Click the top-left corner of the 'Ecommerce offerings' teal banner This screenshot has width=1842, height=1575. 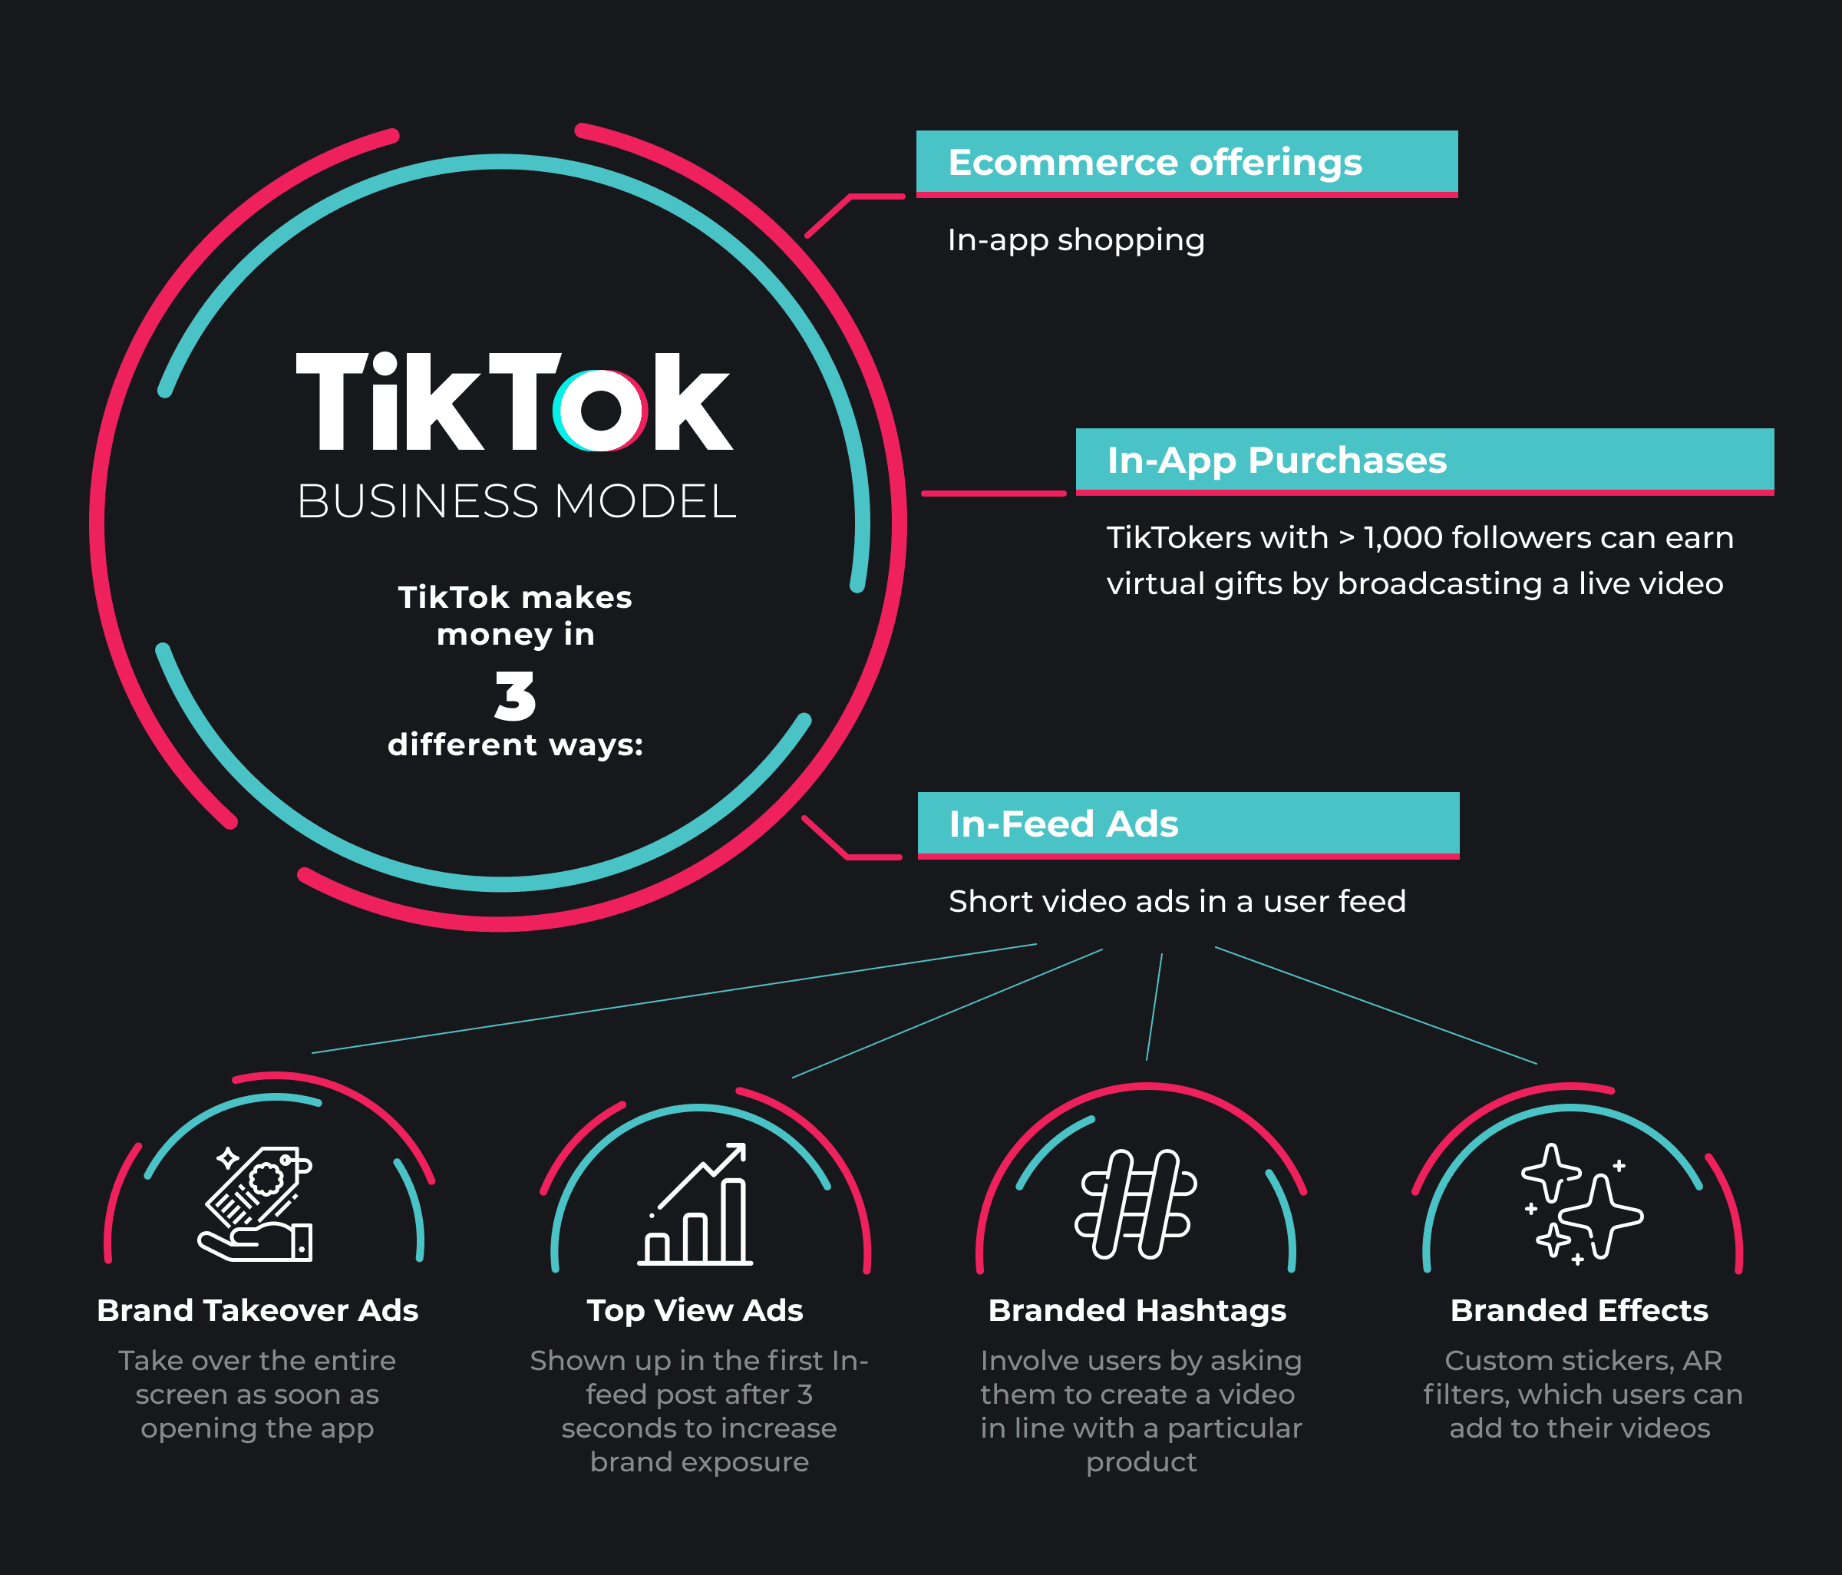pos(916,131)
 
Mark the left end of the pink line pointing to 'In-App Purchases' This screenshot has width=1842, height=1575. pos(923,494)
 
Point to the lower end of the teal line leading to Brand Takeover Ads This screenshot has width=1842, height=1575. pos(312,1053)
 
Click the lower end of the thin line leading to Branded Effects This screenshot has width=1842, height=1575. pos(1537,1064)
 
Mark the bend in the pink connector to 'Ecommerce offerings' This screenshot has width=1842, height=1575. pos(850,196)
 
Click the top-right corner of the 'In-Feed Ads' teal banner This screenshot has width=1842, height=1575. pos(1460,793)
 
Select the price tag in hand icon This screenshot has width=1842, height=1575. pos(255,1204)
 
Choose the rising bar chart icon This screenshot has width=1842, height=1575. pos(695,1204)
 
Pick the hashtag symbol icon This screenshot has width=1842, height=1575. pos(1135,1204)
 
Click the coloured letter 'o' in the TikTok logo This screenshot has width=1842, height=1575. pos(601,410)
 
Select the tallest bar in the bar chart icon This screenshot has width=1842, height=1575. pos(734,1220)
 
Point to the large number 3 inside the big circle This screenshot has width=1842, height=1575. pos(516,696)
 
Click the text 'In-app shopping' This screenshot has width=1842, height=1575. pos(1076,241)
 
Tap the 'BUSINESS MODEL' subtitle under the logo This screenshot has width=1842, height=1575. pos(516,501)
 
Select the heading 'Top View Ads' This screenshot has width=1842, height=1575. pos(695,1311)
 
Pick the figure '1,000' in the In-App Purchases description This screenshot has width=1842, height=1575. pos(1403,538)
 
